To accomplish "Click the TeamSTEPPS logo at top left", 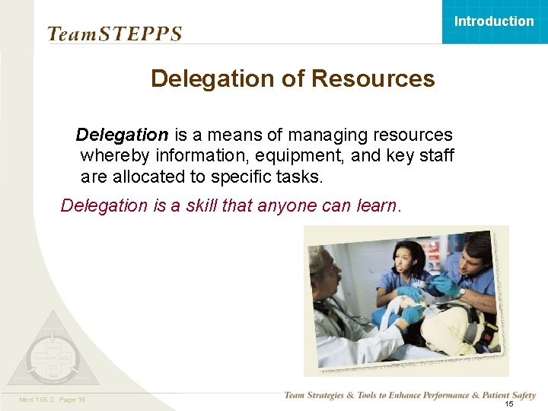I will tap(115, 34).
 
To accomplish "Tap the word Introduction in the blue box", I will tap(494, 21).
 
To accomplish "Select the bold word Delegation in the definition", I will tap(122, 135).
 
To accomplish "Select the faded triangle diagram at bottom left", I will tap(53, 351).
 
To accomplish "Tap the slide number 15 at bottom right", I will tap(509, 404).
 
